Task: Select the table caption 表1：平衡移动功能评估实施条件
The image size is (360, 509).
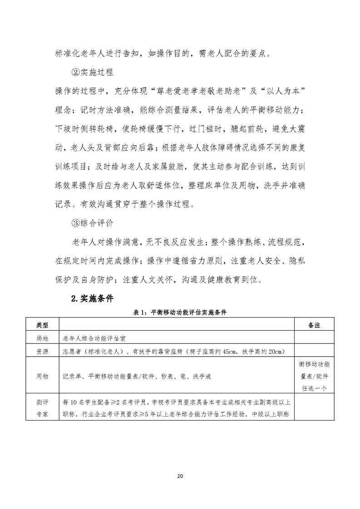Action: (x=180, y=313)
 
